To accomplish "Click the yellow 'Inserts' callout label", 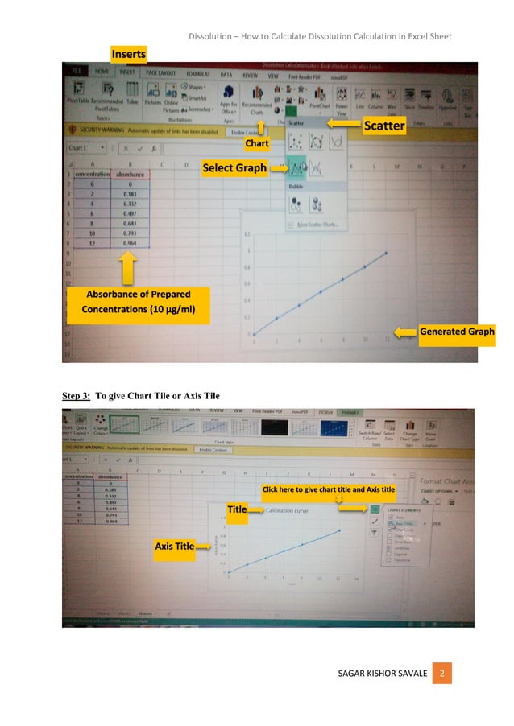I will pos(129,54).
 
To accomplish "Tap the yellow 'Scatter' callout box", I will pos(383,126).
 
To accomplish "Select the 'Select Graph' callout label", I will pos(234,168).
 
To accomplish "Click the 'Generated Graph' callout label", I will pos(457,332).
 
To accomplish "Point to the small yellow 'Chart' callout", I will pos(257,143).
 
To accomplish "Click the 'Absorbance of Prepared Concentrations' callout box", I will pos(138,301).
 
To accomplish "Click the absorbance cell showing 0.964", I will pos(125,242).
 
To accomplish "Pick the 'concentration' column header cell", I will pos(92,173).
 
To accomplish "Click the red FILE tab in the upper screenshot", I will pos(78,71).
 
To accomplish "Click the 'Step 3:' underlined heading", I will pos(77,395).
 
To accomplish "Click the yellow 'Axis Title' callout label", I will pos(175,547).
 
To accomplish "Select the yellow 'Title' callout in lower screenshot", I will pos(237,509).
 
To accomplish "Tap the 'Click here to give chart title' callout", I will pos(329,489).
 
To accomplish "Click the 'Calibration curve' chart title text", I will pos(287,510).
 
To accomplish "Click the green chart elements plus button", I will pos(375,509).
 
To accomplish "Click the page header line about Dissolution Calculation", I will pos(320,36).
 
